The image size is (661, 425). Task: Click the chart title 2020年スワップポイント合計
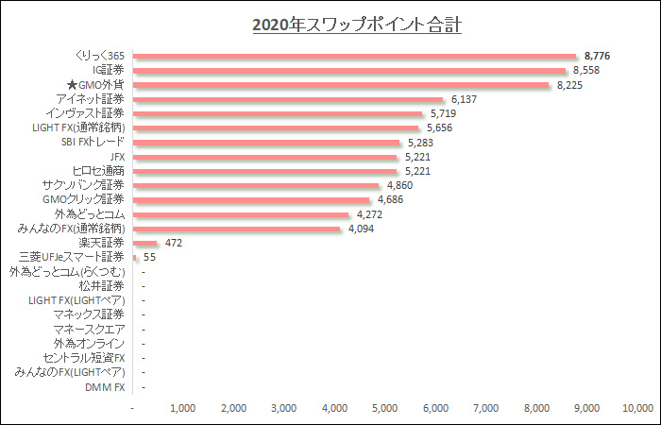point(357,24)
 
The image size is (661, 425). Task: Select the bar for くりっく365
point(354,56)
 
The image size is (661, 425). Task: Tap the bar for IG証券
point(349,70)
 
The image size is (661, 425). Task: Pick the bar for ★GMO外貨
point(341,85)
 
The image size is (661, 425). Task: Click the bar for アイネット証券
point(288,99)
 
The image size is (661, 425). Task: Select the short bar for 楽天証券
point(145,243)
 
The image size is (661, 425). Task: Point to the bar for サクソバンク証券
point(256,185)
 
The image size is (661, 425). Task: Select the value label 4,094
point(363,229)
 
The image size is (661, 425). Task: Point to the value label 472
point(173,243)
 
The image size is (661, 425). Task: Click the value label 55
point(149,257)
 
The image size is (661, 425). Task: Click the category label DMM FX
point(105,386)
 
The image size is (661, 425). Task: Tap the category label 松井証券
point(101,285)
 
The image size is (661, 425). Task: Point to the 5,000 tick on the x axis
point(384,408)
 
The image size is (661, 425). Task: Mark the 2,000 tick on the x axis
point(232,408)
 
